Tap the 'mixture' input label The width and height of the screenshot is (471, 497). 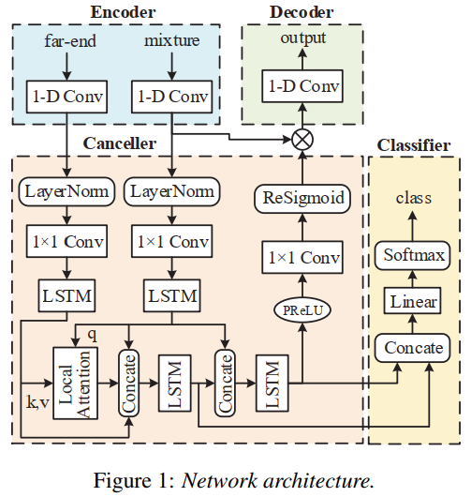click(x=172, y=41)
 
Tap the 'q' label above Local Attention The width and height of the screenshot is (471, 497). click(x=91, y=333)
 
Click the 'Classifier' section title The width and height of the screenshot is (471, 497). click(x=413, y=145)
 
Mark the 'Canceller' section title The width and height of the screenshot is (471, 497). click(x=120, y=143)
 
